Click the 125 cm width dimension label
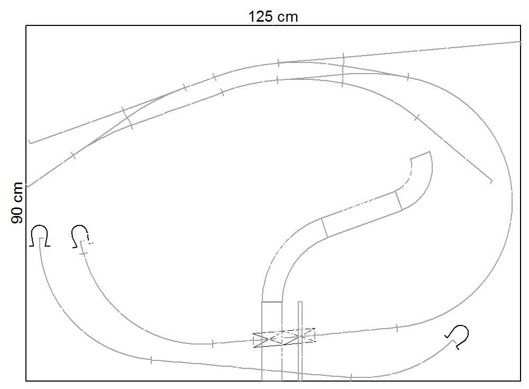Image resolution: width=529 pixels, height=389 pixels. pos(273,16)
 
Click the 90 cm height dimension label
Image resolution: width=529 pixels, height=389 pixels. pos(17,203)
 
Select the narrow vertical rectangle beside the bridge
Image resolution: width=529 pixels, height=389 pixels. pos(300,341)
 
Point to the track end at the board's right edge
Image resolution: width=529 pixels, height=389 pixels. pos(520,42)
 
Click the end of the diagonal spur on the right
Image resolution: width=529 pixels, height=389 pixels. pos(491,182)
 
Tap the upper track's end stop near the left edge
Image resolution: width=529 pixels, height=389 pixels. pos(30,142)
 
